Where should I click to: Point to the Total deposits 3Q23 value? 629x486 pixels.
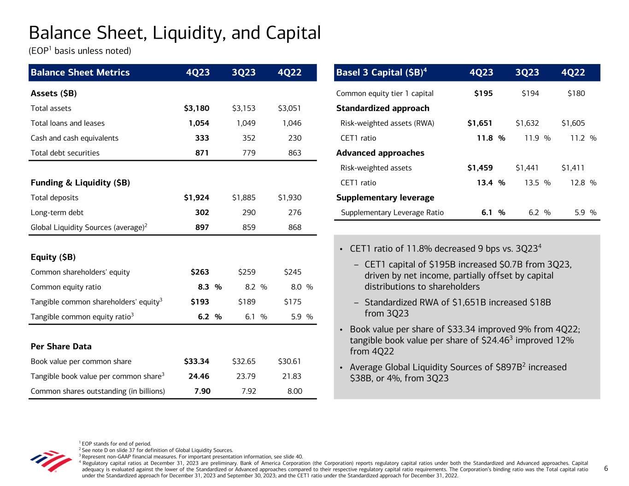pos(244,198)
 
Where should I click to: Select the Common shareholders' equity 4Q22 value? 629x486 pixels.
pos(293,272)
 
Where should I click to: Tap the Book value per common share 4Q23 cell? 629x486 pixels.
pos(197,361)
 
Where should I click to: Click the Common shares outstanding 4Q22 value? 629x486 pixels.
pos(294,391)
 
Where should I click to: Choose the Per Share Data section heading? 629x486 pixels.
pos(61,346)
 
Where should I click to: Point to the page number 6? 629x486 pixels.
pos(606,468)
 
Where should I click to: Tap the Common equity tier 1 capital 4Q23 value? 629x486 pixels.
pos(483,94)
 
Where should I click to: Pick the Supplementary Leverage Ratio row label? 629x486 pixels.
pos(392,212)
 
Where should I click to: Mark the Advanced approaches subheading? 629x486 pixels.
pos(380,153)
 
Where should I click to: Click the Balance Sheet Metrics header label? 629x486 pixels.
pos(80,72)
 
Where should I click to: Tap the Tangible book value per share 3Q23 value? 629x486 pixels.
pos(246,376)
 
